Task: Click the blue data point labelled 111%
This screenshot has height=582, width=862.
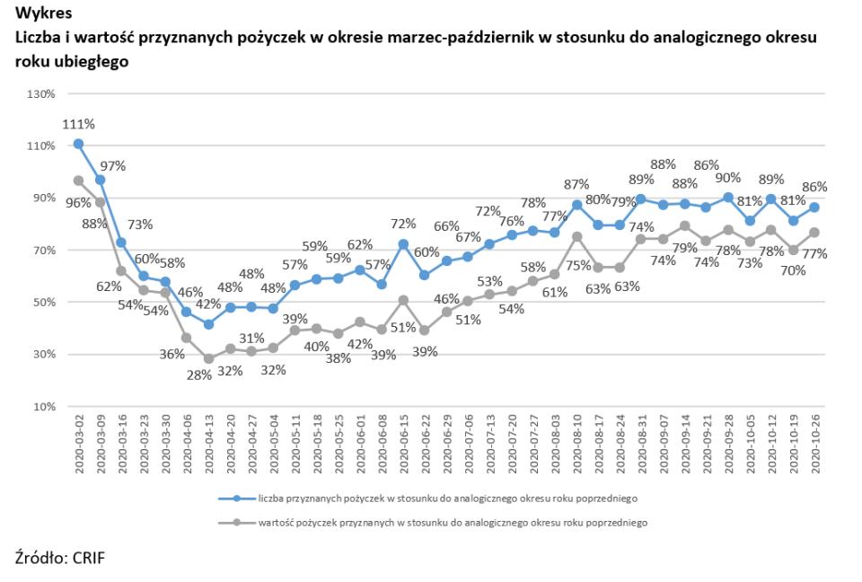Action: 78,144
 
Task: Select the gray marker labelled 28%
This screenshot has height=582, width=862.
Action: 208,358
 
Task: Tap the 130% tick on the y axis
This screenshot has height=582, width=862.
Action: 42,93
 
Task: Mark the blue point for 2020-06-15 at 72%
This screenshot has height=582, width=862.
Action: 403,244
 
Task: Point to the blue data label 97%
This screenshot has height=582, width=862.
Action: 112,166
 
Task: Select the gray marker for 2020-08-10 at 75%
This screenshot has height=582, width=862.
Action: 576,236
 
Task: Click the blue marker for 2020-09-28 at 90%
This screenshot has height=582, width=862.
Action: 728,198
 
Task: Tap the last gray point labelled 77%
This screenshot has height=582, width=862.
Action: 815,233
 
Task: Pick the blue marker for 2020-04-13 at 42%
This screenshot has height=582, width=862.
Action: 208,323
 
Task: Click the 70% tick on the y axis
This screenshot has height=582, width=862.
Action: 42,250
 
